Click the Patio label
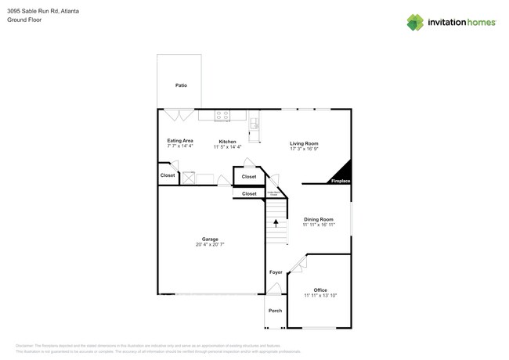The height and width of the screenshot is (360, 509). click(181, 85)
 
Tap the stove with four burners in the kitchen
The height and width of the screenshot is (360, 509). click(222, 115)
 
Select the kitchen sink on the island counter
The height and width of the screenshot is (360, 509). click(254, 124)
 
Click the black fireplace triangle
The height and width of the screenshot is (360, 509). click(342, 172)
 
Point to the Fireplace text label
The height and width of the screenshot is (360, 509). click(341, 181)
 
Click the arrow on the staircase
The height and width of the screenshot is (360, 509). click(276, 223)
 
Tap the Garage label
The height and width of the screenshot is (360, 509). click(210, 239)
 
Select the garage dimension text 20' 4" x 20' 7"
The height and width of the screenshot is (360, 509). click(210, 245)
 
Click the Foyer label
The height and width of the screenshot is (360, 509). click(276, 272)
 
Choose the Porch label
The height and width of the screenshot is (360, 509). click(276, 311)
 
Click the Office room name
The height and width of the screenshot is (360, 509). click(319, 290)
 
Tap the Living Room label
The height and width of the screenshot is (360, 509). click(304, 143)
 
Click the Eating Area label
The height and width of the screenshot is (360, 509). click(179, 140)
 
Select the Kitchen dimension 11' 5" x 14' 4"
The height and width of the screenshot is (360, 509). click(228, 146)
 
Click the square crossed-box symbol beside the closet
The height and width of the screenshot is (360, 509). click(189, 178)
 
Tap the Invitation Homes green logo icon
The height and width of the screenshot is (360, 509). click(416, 22)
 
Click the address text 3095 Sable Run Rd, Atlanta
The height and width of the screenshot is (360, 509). click(43, 12)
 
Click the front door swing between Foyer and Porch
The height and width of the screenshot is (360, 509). click(273, 290)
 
